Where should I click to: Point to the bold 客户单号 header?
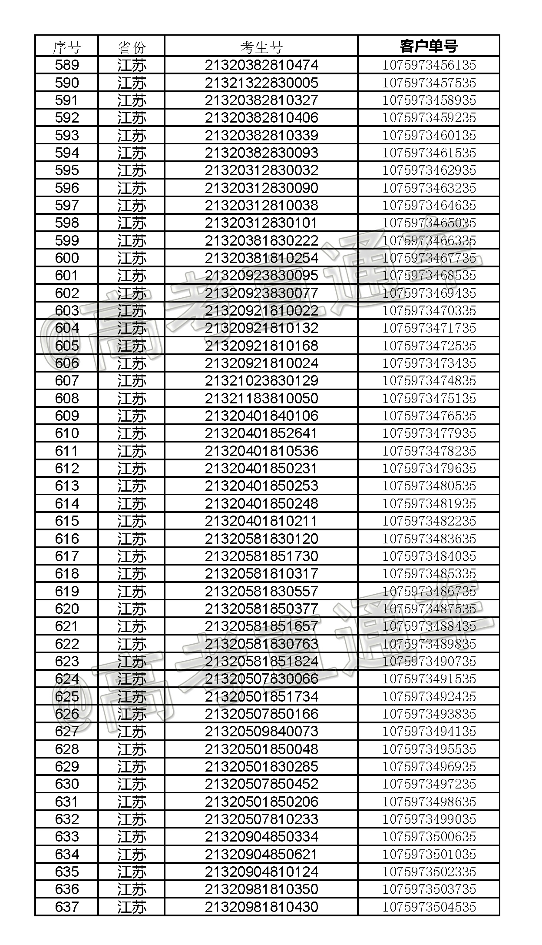[x=429, y=46]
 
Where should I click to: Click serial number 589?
[x=67, y=65]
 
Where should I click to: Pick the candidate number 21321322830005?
[x=261, y=83]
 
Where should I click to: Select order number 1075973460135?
[x=429, y=135]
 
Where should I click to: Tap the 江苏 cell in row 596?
[x=132, y=188]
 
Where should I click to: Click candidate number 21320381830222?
[x=261, y=240]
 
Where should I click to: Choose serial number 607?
[x=67, y=381]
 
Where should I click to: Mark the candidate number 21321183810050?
[x=261, y=398]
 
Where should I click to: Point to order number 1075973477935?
[x=429, y=433]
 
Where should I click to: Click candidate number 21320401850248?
[x=261, y=503]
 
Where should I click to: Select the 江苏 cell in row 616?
[x=132, y=539]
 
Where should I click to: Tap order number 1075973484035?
[x=429, y=556]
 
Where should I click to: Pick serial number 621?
[x=67, y=626]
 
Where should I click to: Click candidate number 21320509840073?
[x=261, y=732]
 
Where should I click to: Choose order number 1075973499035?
[x=429, y=819]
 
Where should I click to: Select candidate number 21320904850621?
[x=261, y=854]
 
